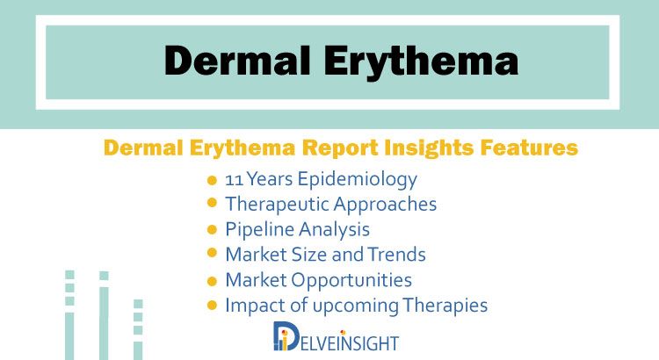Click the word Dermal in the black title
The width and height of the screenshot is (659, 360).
(x=237, y=61)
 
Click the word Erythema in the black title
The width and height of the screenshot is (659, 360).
(x=421, y=63)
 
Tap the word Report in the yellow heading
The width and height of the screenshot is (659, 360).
(x=340, y=148)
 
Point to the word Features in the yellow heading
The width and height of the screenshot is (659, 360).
(x=529, y=148)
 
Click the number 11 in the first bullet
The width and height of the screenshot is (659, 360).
(x=234, y=180)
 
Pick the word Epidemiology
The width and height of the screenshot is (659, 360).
(x=358, y=180)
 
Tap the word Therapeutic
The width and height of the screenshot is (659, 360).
(x=277, y=205)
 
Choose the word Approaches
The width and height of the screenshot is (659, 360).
(x=385, y=205)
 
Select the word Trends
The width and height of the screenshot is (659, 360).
(x=397, y=255)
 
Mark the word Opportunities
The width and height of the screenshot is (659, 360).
(x=351, y=281)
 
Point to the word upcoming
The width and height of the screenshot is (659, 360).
(x=356, y=306)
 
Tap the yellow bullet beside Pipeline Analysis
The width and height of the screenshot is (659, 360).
(x=213, y=230)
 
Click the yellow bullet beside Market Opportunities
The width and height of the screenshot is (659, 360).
(x=213, y=281)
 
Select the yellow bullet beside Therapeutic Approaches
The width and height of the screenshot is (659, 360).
(x=213, y=203)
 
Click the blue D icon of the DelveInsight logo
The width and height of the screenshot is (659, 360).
(x=286, y=336)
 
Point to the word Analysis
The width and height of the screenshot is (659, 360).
(x=334, y=230)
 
